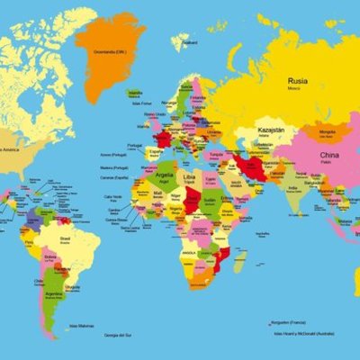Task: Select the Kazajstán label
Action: (273, 131)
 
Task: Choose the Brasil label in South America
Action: (66, 239)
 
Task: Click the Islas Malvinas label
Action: (79, 326)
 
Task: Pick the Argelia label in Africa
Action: (165, 176)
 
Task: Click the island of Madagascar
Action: (239, 262)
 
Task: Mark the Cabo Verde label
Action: (112, 197)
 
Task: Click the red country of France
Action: (163, 139)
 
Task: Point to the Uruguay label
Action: (71, 288)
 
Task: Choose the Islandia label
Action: (136, 93)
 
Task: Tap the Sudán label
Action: (210, 201)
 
